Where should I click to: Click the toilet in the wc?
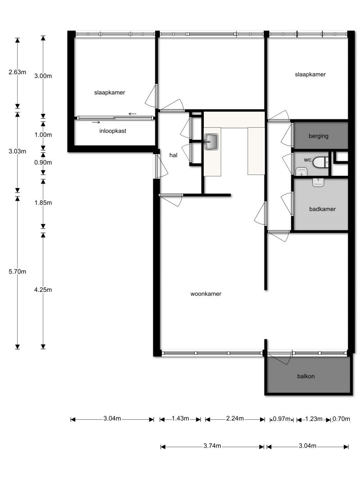coord(321,162)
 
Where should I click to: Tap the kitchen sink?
coord(211,142)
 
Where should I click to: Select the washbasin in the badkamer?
coord(318,183)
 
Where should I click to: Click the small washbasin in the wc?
coord(302,172)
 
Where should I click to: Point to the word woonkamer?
coord(206,294)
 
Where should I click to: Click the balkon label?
coord(306,376)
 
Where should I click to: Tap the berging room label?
coord(318,136)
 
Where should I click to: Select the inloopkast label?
coord(112,131)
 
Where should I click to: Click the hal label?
coord(173,155)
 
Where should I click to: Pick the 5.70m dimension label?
coord(18,272)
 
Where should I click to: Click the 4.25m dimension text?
coord(43,290)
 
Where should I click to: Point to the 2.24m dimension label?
coord(235,418)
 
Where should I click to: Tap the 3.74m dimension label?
coord(212,446)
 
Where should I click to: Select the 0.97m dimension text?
coord(281,419)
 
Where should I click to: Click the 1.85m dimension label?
coord(43,202)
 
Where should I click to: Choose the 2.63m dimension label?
coord(18,72)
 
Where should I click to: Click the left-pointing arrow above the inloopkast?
coord(132,114)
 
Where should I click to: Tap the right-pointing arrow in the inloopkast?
coord(96,122)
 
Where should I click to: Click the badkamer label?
coord(322,209)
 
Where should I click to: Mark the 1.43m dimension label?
coord(180,418)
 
